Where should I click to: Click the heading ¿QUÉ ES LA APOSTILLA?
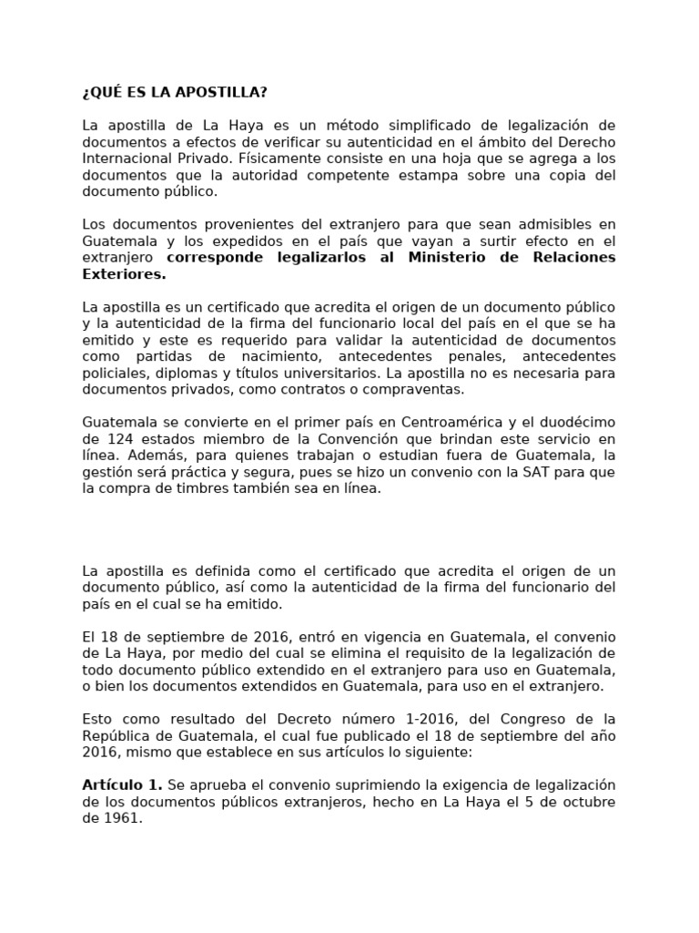pyautogui.click(x=175, y=93)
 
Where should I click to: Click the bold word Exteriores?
pyautogui.click(x=123, y=274)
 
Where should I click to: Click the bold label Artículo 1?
pyautogui.click(x=122, y=785)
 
